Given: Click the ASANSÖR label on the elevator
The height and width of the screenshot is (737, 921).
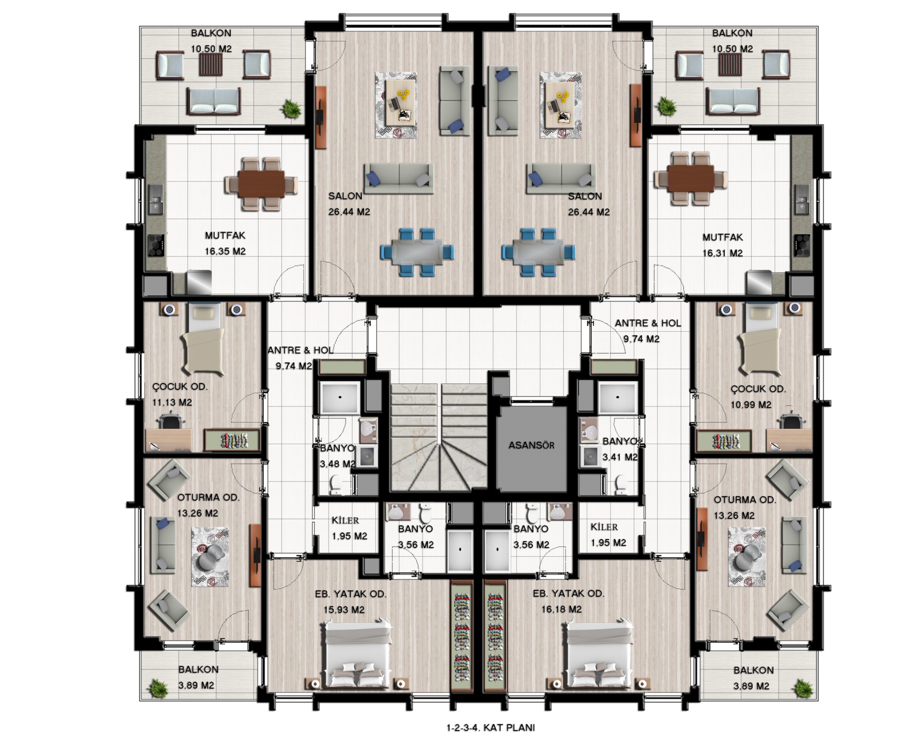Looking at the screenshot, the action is click(x=531, y=445).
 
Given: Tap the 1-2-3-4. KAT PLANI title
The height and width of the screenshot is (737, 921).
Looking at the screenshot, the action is click(x=491, y=728).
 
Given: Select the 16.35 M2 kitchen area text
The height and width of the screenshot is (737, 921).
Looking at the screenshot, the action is click(x=225, y=251).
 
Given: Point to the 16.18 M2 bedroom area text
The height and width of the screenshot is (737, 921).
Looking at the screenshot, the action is click(x=561, y=609).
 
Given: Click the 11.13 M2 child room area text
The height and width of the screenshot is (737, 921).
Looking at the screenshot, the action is click(x=172, y=402).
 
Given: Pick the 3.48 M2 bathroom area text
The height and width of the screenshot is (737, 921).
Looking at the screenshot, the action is click(x=337, y=464).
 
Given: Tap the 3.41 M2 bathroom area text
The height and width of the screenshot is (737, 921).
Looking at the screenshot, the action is click(x=620, y=457).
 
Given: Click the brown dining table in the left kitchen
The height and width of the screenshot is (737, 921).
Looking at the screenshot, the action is click(x=261, y=184).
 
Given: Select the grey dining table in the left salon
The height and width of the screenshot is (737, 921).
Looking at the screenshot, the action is click(x=417, y=252).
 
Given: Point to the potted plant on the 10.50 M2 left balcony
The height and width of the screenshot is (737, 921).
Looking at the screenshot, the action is click(x=291, y=109).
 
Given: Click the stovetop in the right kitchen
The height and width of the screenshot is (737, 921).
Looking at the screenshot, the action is click(x=802, y=245).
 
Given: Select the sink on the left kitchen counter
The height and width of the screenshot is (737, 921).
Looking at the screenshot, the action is click(x=156, y=199).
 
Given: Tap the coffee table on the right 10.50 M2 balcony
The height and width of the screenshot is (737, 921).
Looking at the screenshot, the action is click(x=730, y=64).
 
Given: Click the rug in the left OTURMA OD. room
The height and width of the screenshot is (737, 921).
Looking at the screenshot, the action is click(x=210, y=557).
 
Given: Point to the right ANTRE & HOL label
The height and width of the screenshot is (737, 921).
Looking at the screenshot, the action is click(x=648, y=323).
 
